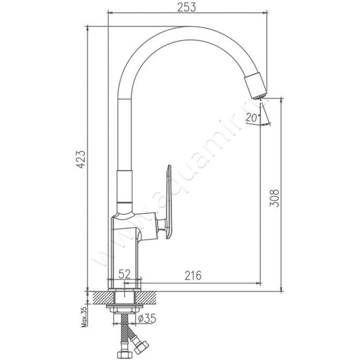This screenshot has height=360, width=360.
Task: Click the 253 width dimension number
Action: coord(187,7)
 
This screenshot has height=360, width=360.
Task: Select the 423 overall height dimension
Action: coord(81,160)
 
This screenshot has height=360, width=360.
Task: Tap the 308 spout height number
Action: coord(274,198)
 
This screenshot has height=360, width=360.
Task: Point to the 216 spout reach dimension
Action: coord(193,275)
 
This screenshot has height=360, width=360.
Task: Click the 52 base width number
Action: coord(125,274)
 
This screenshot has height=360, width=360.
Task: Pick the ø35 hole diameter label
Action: coord(148,319)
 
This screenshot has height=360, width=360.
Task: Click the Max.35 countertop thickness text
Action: coord(85,317)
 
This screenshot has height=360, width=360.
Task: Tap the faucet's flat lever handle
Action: coord(168,202)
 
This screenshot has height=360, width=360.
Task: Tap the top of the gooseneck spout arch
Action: coord(188,33)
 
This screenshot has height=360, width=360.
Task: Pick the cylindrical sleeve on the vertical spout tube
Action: coord(125,186)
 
